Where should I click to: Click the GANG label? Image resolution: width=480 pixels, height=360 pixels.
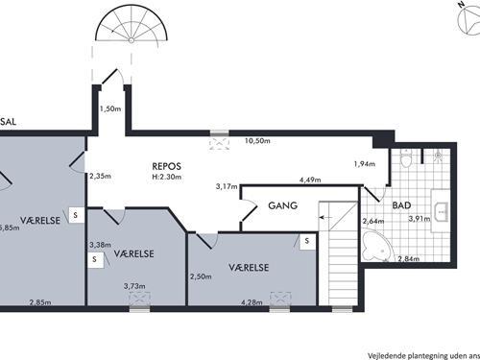click(x=282, y=205)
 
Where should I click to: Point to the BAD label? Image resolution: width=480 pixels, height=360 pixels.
click(x=402, y=205)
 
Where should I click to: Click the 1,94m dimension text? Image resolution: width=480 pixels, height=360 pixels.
click(x=366, y=163)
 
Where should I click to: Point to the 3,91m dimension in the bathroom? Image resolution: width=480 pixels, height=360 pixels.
click(x=420, y=219)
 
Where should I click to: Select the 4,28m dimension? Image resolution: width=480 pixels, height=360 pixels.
click(x=252, y=304)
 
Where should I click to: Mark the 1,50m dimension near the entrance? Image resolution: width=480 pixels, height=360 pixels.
click(x=111, y=108)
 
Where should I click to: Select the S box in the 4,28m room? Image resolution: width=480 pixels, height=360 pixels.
click(x=305, y=241)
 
